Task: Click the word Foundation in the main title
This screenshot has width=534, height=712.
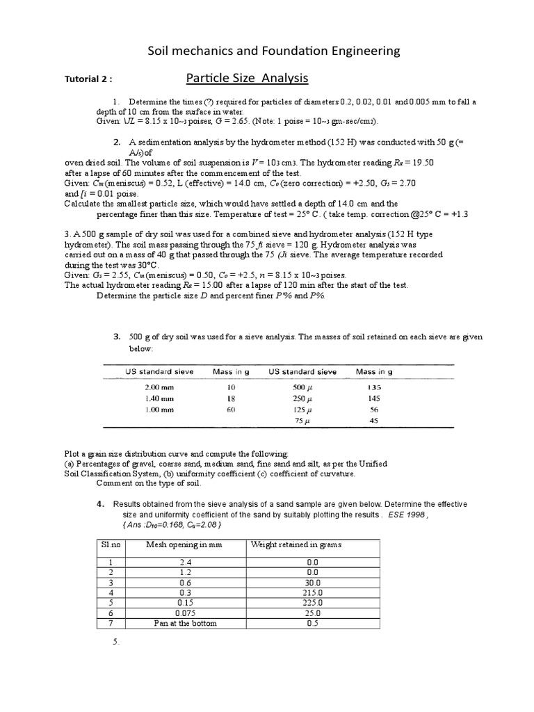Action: coord(284,51)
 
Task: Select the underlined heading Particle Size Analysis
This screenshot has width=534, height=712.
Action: coord(248,78)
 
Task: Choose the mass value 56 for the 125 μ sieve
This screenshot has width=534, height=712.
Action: coord(373,410)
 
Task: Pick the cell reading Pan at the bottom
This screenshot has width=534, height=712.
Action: coord(185,624)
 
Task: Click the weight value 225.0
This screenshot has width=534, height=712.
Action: coord(314,603)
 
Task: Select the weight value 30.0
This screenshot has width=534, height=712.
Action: coord(314,582)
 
